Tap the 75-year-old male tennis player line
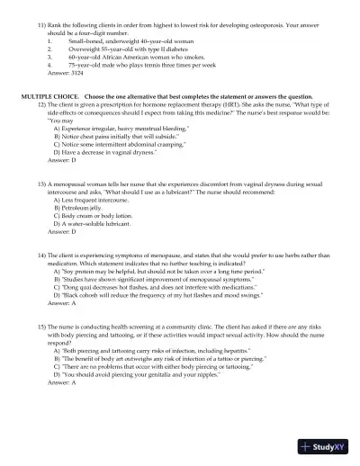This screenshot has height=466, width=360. [131, 66]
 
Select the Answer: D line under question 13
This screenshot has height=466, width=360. [56, 232]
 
